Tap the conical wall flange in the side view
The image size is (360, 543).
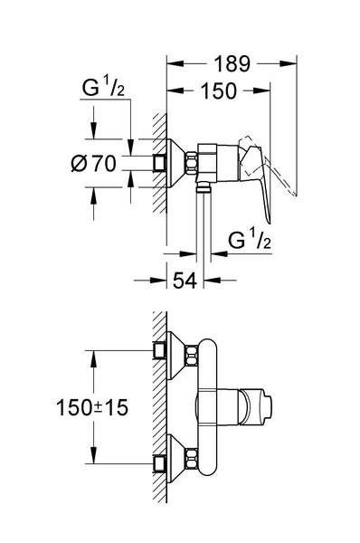(178, 162)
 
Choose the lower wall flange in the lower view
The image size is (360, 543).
(177, 463)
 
